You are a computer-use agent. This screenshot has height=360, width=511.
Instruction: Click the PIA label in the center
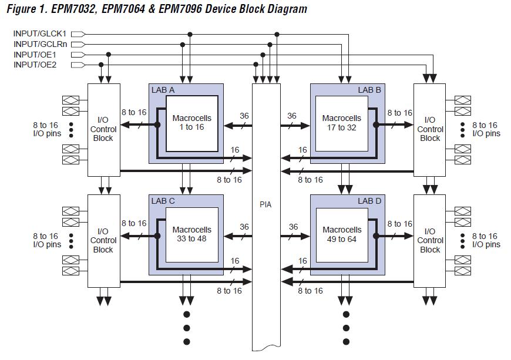266,204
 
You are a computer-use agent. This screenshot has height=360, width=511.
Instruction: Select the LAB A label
163,90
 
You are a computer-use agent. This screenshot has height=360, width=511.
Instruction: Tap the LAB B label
369,90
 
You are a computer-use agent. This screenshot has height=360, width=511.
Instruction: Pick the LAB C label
163,201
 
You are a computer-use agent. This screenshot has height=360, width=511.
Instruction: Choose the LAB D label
369,201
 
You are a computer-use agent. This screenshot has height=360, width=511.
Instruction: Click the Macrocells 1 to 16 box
192,123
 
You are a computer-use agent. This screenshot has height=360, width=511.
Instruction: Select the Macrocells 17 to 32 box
342,123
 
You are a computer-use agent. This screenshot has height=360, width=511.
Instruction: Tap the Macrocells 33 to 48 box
192,234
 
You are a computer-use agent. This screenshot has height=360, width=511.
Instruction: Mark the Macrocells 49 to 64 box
342,234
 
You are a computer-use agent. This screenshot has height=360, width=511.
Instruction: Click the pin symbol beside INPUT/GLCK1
78,34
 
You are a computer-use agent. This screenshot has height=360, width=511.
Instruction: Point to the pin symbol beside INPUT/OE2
78,65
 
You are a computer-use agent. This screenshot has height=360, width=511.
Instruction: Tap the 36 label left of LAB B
292,116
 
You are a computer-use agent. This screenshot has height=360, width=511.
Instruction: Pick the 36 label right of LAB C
244,227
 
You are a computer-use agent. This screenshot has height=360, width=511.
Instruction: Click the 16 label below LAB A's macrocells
235,150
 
